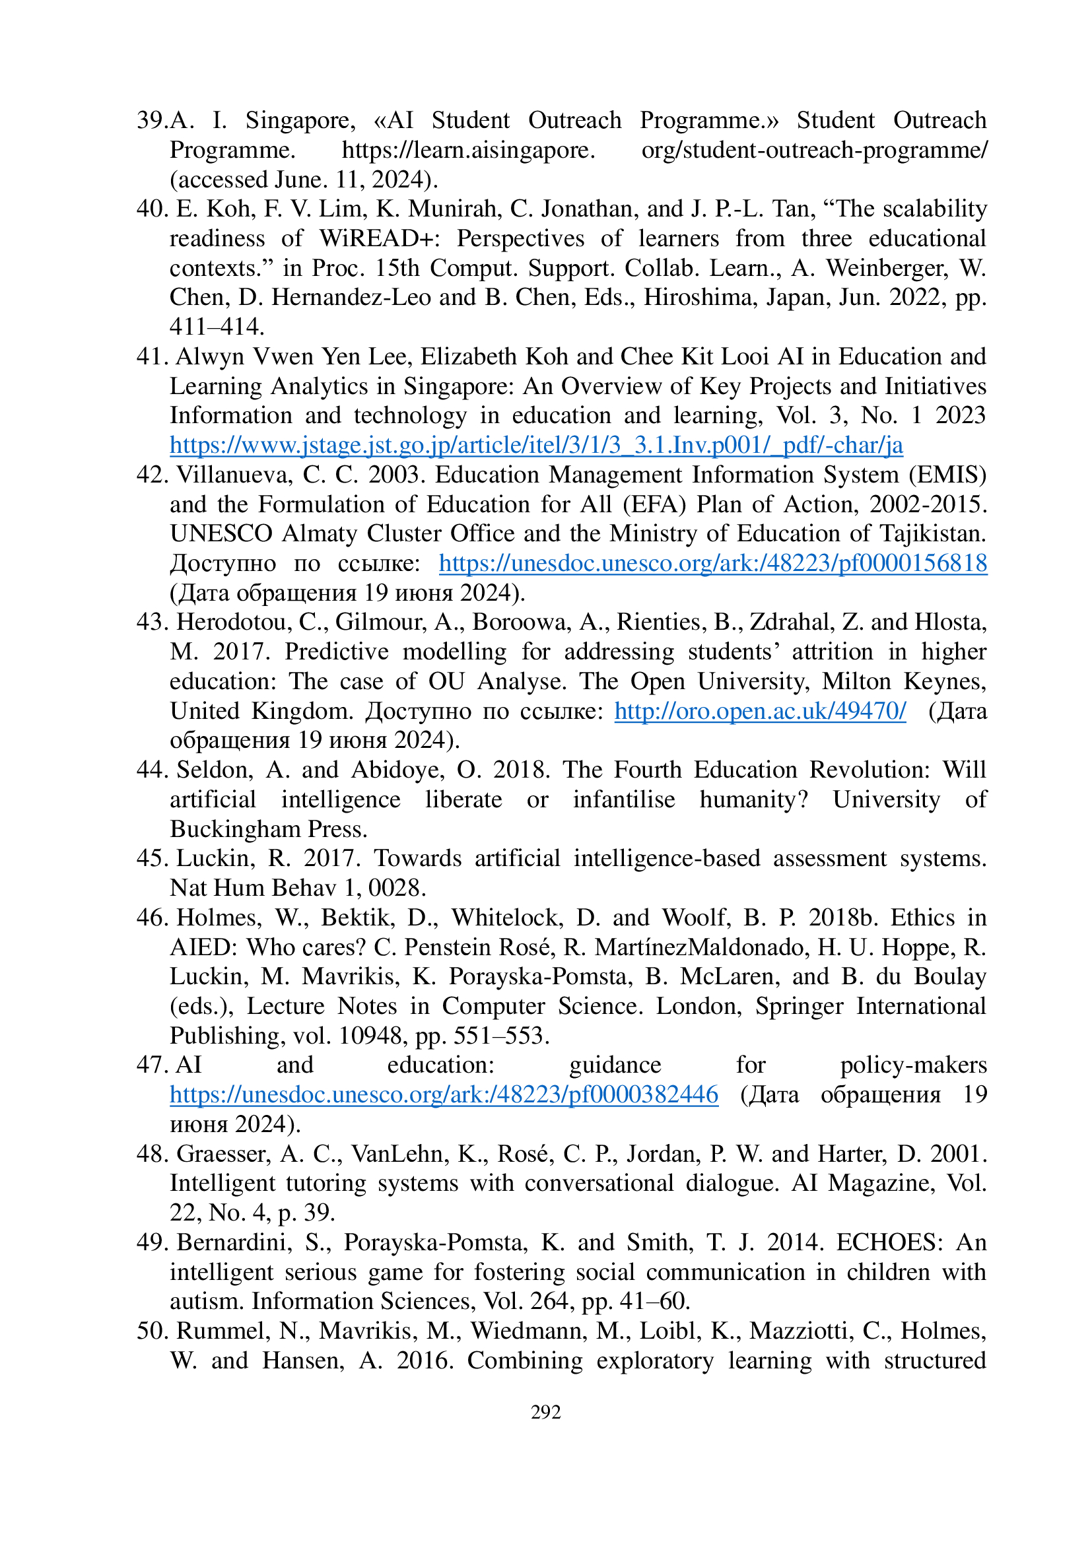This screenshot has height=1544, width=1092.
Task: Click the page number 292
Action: [545, 1411]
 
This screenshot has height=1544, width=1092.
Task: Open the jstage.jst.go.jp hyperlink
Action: [536, 445]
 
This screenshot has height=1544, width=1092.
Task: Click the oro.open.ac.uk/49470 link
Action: [760, 711]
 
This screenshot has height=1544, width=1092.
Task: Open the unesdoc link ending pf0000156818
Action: [713, 563]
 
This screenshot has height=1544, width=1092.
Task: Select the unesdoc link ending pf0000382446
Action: [444, 1094]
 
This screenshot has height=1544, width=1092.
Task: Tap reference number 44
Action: [152, 769]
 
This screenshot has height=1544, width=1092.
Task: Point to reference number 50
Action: [152, 1331]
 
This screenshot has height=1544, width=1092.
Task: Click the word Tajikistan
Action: [933, 533]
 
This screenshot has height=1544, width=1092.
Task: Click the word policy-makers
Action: [913, 1065]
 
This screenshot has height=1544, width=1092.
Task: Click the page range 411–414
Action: [217, 327]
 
